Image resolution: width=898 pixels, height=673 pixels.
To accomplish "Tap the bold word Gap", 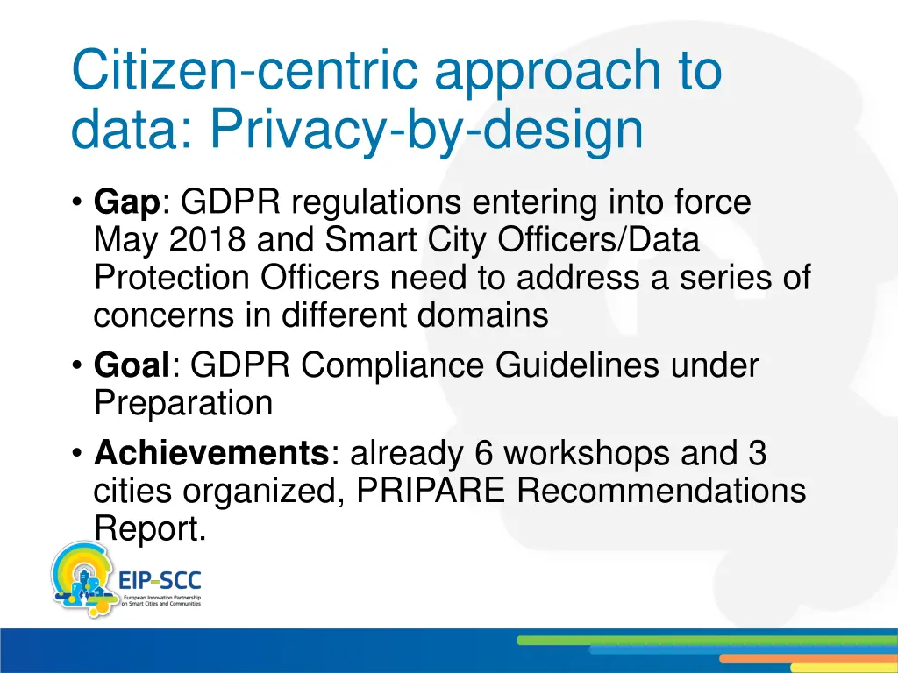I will tap(126, 203).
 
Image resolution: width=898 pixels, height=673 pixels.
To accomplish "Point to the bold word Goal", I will tap(132, 365).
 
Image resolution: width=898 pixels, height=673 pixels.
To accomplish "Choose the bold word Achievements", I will tap(210, 454).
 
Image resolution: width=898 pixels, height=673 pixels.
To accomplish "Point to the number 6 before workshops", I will tap(483, 454).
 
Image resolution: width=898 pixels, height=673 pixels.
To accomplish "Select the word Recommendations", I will tap(661, 492).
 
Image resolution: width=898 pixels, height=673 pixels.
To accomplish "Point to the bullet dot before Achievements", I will tap(78, 455).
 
